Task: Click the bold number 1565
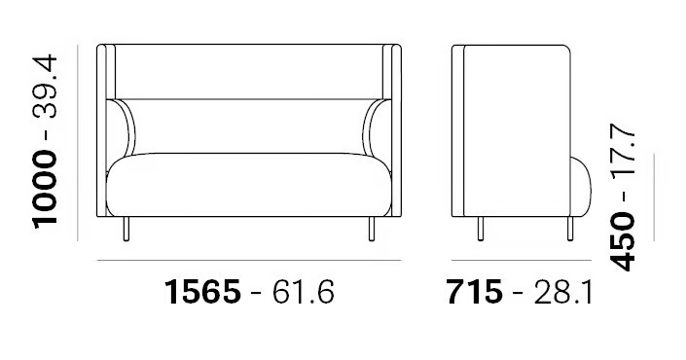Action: click(202, 292)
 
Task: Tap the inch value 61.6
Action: click(304, 292)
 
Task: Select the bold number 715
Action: click(475, 292)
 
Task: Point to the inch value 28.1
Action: click(563, 292)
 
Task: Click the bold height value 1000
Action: click(45, 189)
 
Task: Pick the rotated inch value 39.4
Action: click(45, 87)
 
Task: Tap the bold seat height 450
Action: click(622, 242)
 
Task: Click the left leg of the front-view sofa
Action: click(126, 229)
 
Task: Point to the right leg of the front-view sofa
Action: click(372, 229)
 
